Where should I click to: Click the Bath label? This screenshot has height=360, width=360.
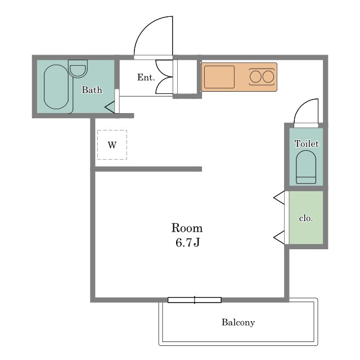[x=92, y=90]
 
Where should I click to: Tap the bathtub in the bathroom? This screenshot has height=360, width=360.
[x=56, y=87]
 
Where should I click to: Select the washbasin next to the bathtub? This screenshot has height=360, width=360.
[x=78, y=69]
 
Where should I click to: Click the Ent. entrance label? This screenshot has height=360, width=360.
[x=146, y=78]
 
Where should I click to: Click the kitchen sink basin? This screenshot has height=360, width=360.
[x=219, y=77]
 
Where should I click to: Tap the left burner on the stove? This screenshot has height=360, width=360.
[x=255, y=76]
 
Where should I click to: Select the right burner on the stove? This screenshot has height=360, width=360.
[x=268, y=76]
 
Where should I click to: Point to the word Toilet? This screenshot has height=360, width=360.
[x=307, y=144]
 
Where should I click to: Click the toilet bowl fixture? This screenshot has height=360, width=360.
[x=306, y=167]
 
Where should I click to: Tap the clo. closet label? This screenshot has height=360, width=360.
[x=306, y=218]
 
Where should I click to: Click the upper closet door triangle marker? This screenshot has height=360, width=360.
[x=280, y=197]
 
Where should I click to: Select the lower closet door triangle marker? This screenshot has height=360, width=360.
[x=280, y=237]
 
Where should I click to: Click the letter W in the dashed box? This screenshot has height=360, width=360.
[x=112, y=145]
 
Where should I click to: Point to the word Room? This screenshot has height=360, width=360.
[x=187, y=228]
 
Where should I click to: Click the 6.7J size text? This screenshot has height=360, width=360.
[x=187, y=242]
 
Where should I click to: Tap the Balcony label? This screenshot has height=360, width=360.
[x=238, y=322]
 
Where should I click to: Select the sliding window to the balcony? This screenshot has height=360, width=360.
[x=195, y=300]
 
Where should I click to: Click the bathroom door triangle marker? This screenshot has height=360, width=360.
[x=110, y=107]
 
